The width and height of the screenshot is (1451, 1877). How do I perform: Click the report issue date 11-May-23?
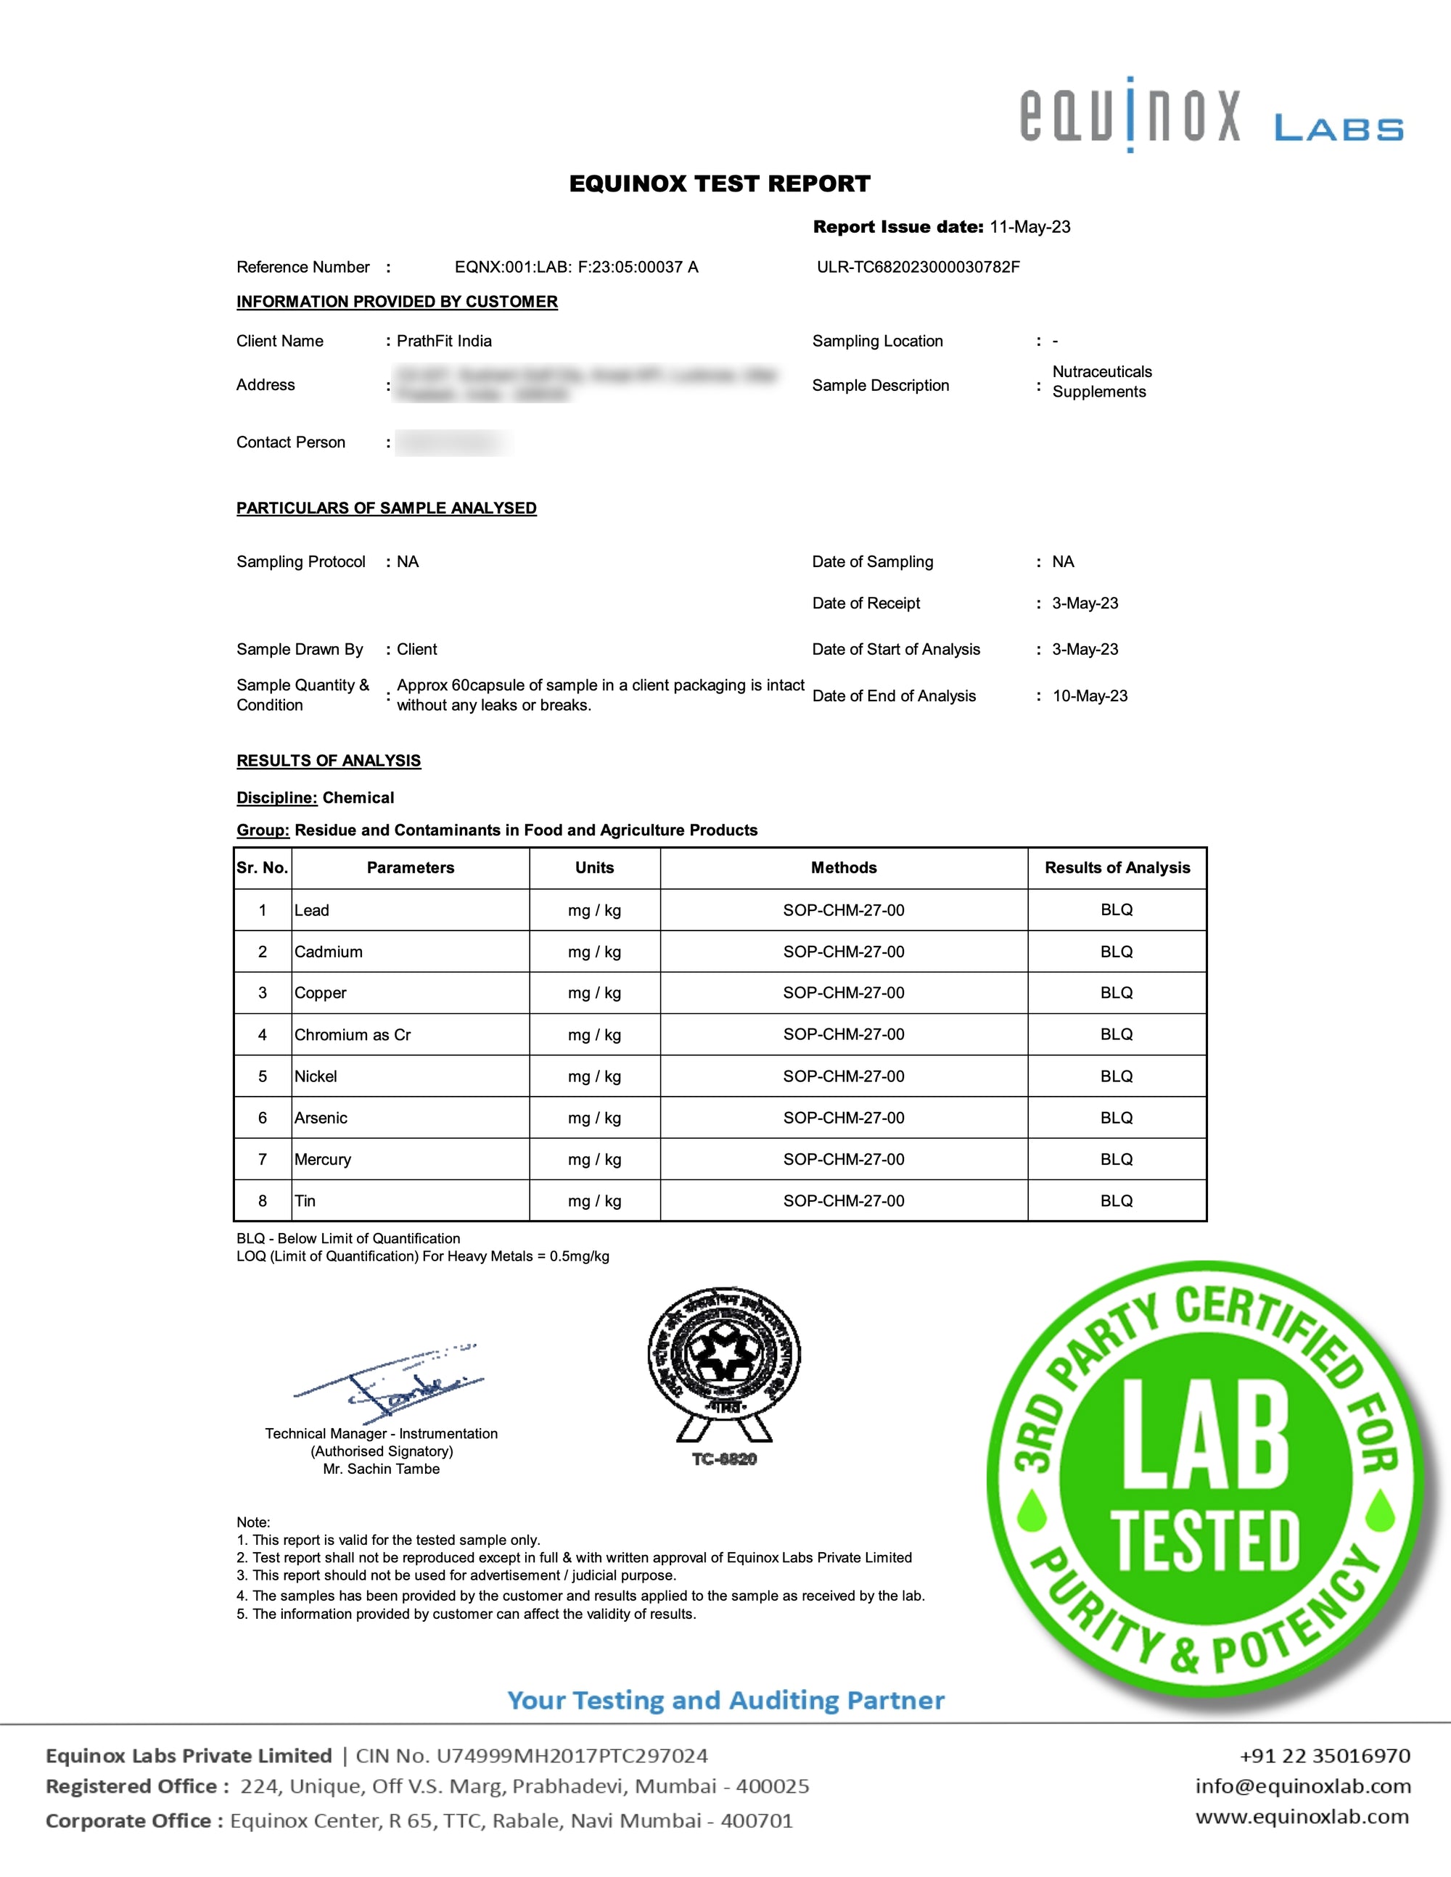(x=1029, y=227)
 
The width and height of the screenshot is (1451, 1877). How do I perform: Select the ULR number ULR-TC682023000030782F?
(x=918, y=268)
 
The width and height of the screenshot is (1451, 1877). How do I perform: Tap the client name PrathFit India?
(x=445, y=341)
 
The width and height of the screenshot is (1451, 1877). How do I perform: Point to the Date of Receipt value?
(x=1085, y=603)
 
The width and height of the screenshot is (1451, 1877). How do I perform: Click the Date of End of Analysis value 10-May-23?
(x=1089, y=696)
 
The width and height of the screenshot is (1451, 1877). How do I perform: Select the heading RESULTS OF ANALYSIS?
(x=329, y=761)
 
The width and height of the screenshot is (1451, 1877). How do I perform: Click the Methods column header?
(x=843, y=868)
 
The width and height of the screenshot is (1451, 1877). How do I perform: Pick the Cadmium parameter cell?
(x=329, y=952)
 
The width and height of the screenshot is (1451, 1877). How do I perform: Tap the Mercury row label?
(x=322, y=1160)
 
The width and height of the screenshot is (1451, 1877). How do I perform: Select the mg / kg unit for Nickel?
(x=594, y=1077)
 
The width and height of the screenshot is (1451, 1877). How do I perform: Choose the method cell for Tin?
(x=843, y=1200)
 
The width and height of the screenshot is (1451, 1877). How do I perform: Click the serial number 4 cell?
(x=262, y=1035)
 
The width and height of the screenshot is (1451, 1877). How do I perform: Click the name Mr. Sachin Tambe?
(x=381, y=1469)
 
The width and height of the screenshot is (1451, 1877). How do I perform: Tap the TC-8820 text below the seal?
(x=724, y=1459)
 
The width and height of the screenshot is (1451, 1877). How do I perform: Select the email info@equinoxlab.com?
(x=1302, y=1786)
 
